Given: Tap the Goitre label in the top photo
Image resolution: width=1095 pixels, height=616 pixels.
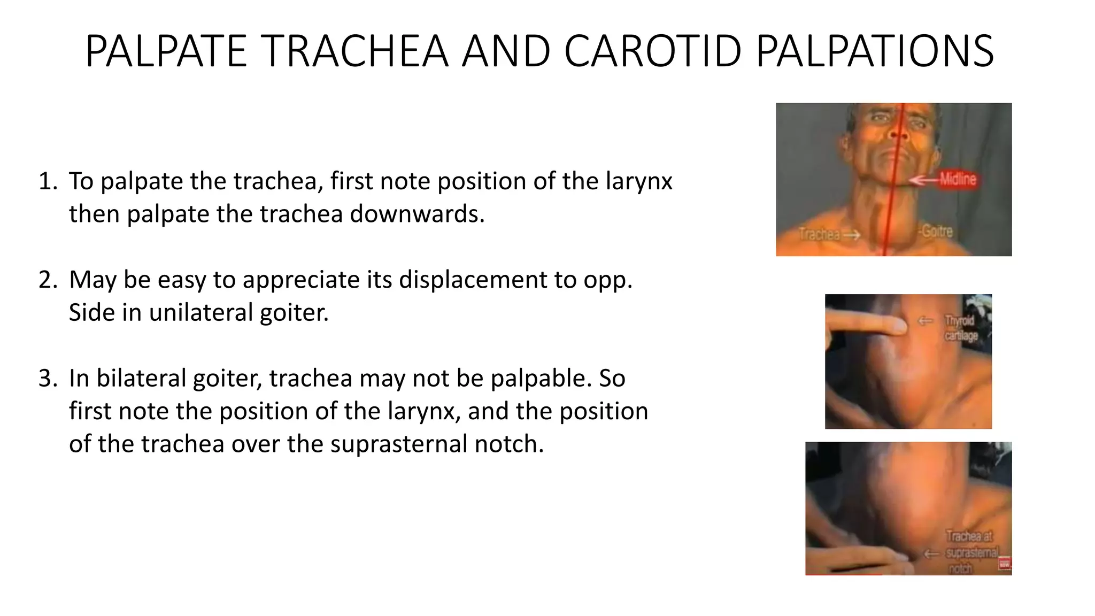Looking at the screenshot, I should (x=936, y=232).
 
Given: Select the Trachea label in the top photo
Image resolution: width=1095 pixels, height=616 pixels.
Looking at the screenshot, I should (x=819, y=234).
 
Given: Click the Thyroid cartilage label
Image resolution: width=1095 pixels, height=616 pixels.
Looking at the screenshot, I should (x=961, y=328).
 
